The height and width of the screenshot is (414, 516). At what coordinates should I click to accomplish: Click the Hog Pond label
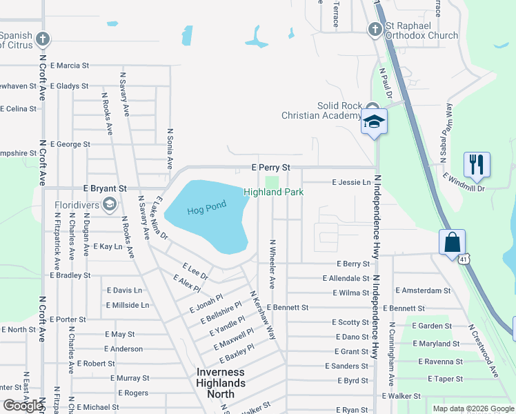point(206,209)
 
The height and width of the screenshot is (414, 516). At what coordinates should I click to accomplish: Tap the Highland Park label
point(273,192)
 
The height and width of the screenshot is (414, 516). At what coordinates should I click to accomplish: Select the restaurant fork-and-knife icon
point(477,164)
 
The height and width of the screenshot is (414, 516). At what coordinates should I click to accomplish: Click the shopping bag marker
point(452,242)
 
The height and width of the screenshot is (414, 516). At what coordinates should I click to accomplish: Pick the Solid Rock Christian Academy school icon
point(374,121)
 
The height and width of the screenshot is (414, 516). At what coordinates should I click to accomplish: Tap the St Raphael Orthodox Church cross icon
point(375,29)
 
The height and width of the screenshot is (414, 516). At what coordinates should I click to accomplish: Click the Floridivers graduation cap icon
point(109,204)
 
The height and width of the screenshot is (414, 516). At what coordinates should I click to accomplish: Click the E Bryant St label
point(105,188)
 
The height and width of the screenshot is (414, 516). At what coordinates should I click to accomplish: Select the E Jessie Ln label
point(351,182)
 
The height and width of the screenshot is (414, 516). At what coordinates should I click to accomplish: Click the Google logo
point(23,406)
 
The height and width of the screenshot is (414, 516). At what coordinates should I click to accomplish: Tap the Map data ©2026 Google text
point(473,408)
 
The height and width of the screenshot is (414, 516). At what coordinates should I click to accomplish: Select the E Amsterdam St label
point(422,291)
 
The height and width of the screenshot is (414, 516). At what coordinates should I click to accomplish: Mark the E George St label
point(70,144)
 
